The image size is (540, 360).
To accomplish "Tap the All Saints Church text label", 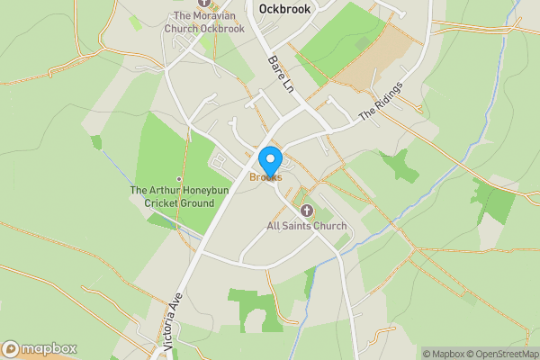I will click(x=307, y=225).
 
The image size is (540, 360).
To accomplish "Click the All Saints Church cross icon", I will click(x=306, y=211).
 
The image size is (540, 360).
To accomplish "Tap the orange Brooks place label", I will click(x=266, y=177).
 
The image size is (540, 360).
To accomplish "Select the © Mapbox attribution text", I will click(x=444, y=354).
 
